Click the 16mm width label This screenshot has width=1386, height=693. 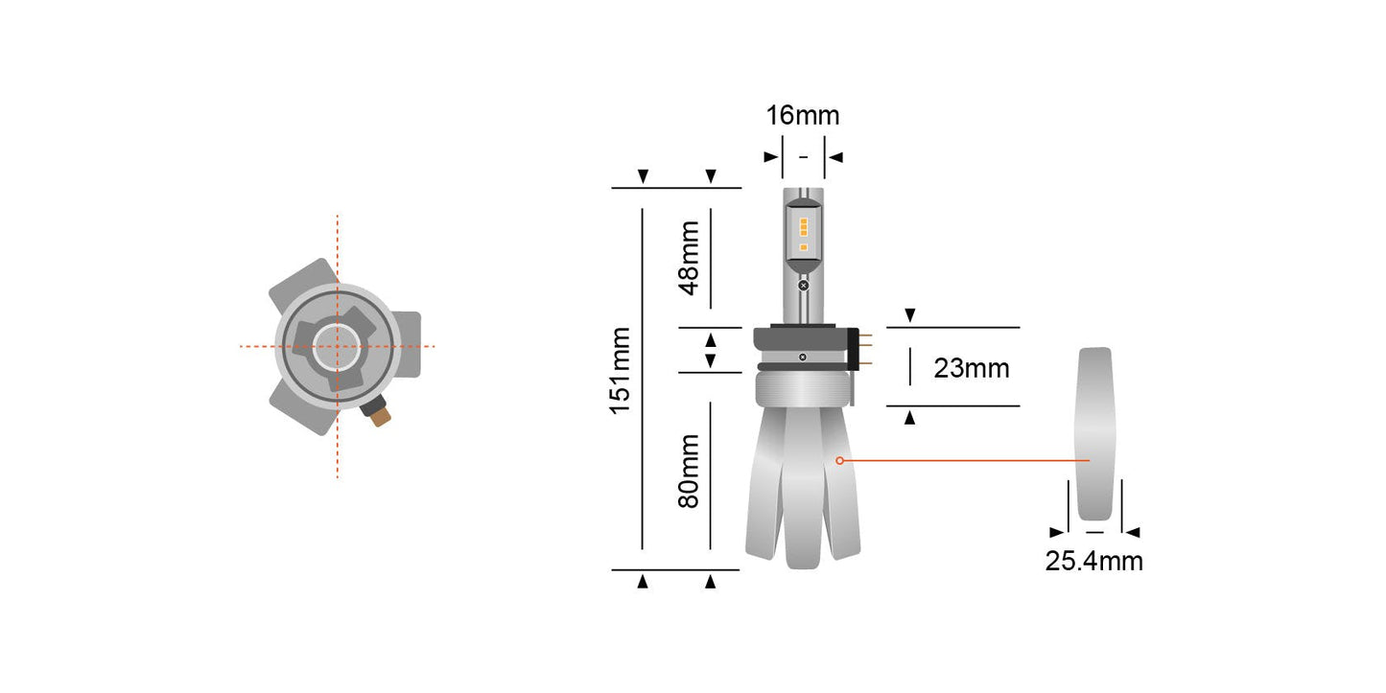(x=802, y=116)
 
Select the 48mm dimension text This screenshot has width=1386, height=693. (x=689, y=259)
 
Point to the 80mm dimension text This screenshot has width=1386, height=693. (x=689, y=471)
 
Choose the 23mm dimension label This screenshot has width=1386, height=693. (x=972, y=367)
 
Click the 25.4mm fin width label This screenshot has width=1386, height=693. (x=1093, y=561)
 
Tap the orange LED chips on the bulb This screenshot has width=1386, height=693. (x=803, y=235)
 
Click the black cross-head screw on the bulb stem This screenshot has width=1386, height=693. (x=803, y=285)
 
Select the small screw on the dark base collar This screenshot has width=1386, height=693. (x=803, y=357)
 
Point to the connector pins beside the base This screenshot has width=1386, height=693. (x=866, y=346)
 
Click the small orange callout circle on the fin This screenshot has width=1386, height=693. (x=839, y=461)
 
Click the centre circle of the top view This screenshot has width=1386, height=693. (x=337, y=346)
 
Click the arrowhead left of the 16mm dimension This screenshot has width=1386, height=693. (x=770, y=156)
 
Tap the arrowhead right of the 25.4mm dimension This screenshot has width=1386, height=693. (x=1133, y=532)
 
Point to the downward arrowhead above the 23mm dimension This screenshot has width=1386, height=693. (x=910, y=315)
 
